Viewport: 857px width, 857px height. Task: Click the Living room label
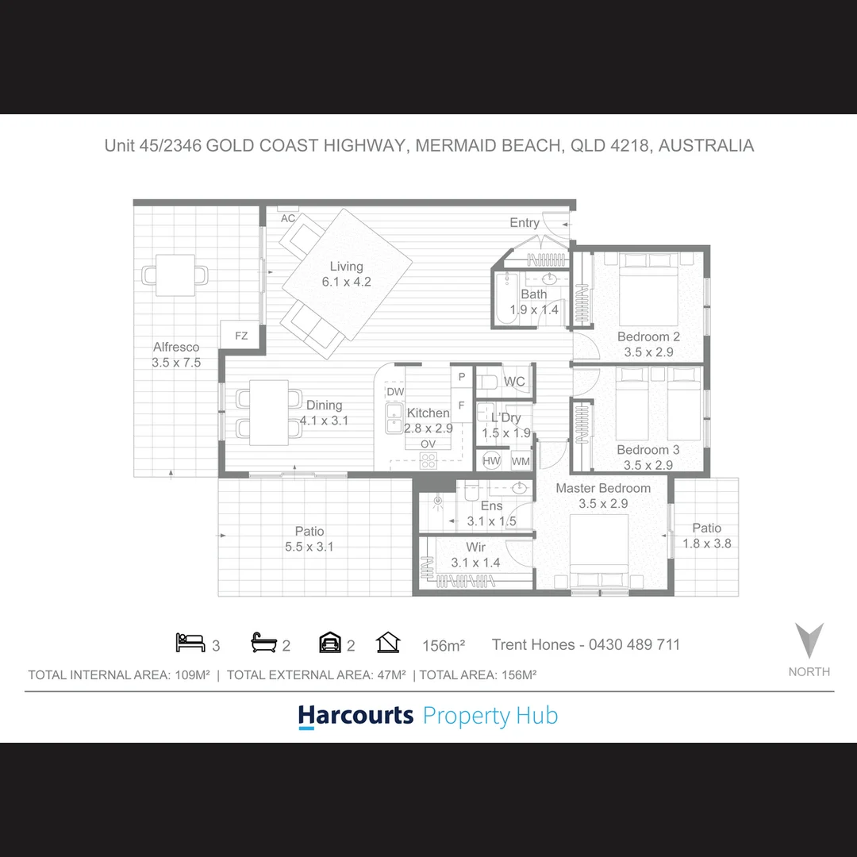pyautogui.click(x=347, y=274)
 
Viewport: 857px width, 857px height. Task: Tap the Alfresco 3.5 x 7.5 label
pyautogui.click(x=176, y=355)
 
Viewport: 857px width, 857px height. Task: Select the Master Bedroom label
pyautogui.click(x=603, y=495)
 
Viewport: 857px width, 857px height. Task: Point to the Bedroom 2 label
pyautogui.click(x=648, y=344)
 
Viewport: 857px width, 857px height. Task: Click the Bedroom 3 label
pyautogui.click(x=648, y=458)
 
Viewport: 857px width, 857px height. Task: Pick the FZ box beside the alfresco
pyautogui.click(x=241, y=336)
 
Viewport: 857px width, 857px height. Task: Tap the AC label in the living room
pyautogui.click(x=288, y=218)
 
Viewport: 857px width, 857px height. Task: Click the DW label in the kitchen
pyautogui.click(x=395, y=392)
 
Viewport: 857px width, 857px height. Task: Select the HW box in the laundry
pyautogui.click(x=491, y=461)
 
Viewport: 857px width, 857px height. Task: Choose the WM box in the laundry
pyautogui.click(x=521, y=461)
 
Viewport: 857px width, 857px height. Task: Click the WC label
pyautogui.click(x=514, y=382)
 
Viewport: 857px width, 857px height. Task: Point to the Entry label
pyautogui.click(x=525, y=223)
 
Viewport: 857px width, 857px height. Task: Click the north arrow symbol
pyautogui.click(x=809, y=640)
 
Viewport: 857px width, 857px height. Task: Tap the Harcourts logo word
pyautogui.click(x=355, y=716)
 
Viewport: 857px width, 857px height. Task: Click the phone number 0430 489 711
pyautogui.click(x=634, y=644)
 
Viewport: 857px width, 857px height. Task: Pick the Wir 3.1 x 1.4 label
pyautogui.click(x=476, y=555)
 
